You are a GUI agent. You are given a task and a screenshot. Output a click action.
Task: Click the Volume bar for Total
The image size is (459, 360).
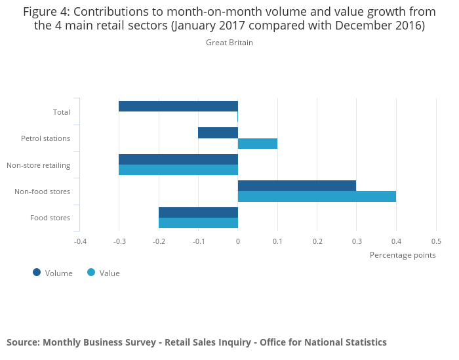tap(178, 106)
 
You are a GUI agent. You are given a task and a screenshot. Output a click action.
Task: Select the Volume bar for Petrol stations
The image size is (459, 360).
tap(218, 132)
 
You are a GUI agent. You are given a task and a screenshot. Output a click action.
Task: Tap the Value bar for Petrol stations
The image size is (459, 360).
tap(258, 144)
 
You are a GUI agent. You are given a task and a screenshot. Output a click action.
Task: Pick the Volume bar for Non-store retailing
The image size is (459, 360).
tap(178, 159)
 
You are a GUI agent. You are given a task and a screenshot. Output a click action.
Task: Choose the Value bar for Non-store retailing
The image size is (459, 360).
tap(178, 170)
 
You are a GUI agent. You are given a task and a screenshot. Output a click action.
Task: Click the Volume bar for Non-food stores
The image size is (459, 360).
tap(297, 186)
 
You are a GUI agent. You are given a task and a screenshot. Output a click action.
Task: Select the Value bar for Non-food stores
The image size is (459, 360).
tap(317, 196)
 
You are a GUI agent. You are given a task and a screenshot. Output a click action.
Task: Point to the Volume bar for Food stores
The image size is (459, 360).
tap(198, 212)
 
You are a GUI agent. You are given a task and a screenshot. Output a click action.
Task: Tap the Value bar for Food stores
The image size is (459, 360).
tap(198, 223)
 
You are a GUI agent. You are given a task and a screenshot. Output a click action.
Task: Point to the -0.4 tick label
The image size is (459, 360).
tap(79, 241)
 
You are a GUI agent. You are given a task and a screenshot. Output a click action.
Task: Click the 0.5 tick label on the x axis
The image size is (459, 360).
tap(436, 241)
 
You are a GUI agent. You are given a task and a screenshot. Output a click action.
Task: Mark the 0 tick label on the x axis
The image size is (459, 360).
tap(238, 241)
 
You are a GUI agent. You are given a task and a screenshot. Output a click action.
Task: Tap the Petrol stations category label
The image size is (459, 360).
tap(45, 138)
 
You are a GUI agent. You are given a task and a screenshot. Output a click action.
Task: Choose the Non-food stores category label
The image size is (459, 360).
tap(42, 191)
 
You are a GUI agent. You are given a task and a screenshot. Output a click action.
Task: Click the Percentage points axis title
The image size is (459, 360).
tap(403, 254)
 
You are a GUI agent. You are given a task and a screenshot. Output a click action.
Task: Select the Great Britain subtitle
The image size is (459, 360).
tap(229, 43)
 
